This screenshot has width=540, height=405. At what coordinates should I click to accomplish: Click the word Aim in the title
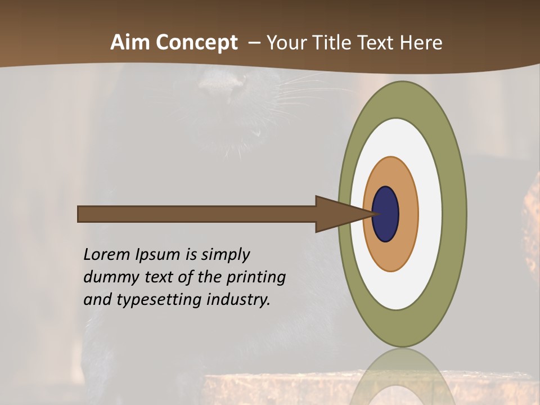pos(130,43)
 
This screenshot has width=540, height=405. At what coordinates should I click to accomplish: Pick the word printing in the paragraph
pos(256,277)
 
